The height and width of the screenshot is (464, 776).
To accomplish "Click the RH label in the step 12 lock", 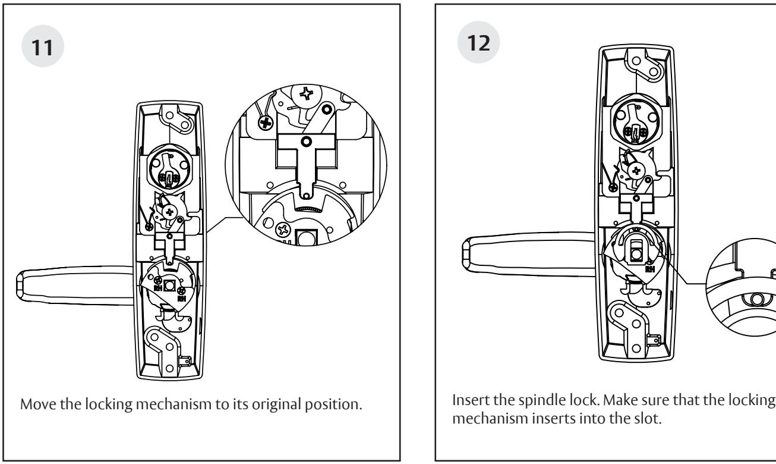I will (x=650, y=268).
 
